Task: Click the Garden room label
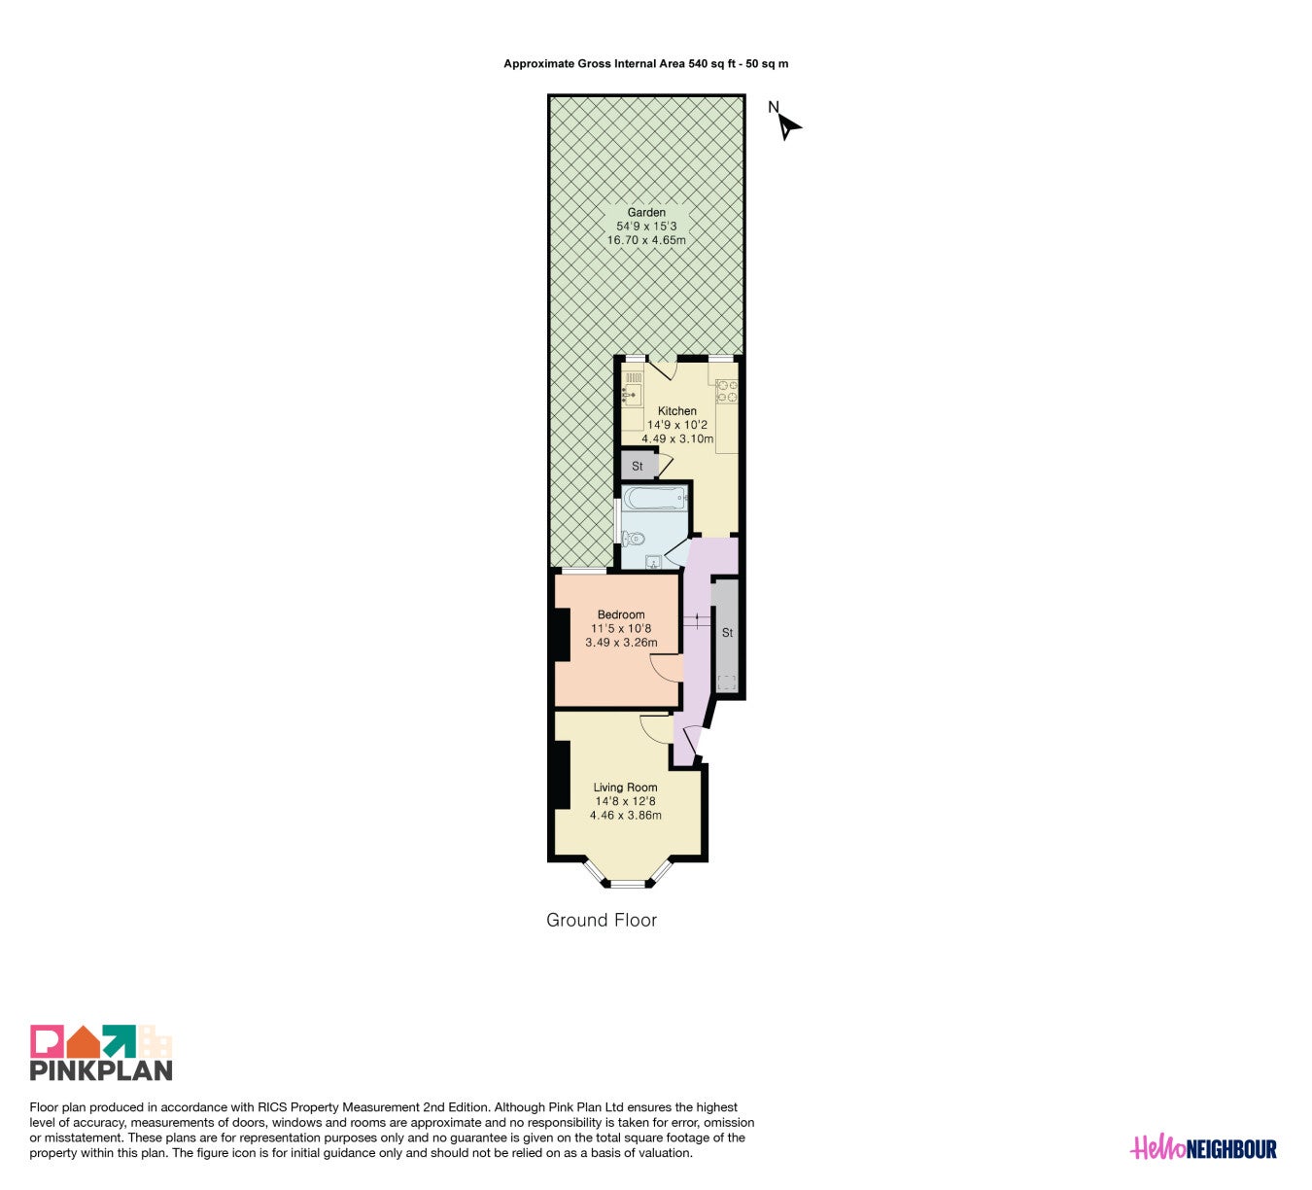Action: [646, 212]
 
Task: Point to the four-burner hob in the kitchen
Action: [727, 391]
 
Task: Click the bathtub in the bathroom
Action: [655, 499]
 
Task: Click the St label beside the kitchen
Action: [637, 466]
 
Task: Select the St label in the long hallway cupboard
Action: [727, 633]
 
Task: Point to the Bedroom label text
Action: [621, 614]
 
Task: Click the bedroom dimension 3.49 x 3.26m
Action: [621, 642]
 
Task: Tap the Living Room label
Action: [625, 787]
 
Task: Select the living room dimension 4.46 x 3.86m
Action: [625, 815]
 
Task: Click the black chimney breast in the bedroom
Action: [562, 634]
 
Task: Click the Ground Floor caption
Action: [601, 921]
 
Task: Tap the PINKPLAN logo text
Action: [101, 1070]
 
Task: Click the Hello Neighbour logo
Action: [1203, 1148]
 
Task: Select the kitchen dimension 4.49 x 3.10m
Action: [677, 438]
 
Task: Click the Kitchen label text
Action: [677, 411]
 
